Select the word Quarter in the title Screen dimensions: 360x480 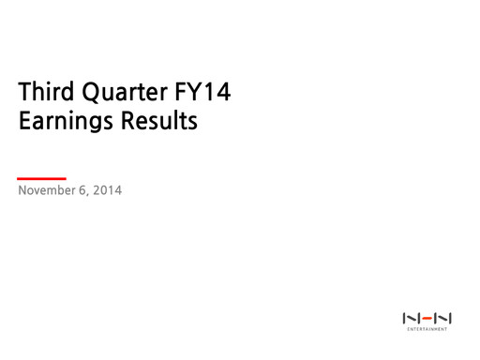[118, 94]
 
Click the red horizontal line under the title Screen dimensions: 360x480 [42, 177]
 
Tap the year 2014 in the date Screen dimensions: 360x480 [108, 191]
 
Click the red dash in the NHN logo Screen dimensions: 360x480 [427, 319]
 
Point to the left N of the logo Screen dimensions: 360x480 [411, 319]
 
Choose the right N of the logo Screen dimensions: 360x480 [442, 319]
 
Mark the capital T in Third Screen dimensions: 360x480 [24, 93]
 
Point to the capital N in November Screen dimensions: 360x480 [22, 191]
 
